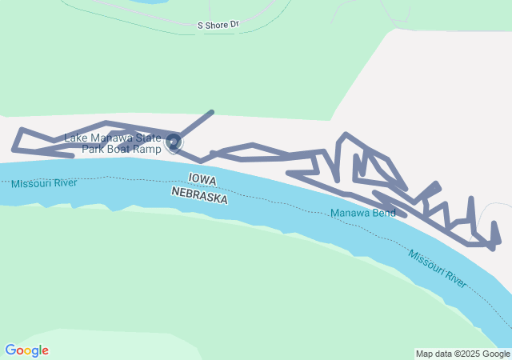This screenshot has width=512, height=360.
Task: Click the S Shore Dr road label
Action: tap(218, 26)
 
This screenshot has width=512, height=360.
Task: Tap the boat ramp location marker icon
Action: tap(174, 143)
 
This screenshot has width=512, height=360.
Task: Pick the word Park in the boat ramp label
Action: tap(98, 150)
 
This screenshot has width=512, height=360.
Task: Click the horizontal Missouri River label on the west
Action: tap(44, 184)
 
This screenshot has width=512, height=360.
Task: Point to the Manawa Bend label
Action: tap(358, 214)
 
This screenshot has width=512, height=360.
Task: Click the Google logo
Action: tap(26, 350)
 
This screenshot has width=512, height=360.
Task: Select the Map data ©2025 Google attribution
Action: tap(462, 354)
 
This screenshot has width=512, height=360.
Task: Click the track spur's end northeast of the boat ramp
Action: tap(212, 112)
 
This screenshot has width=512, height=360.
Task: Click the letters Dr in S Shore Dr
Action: tap(234, 26)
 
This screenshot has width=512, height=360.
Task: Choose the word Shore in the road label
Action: tap(216, 26)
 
